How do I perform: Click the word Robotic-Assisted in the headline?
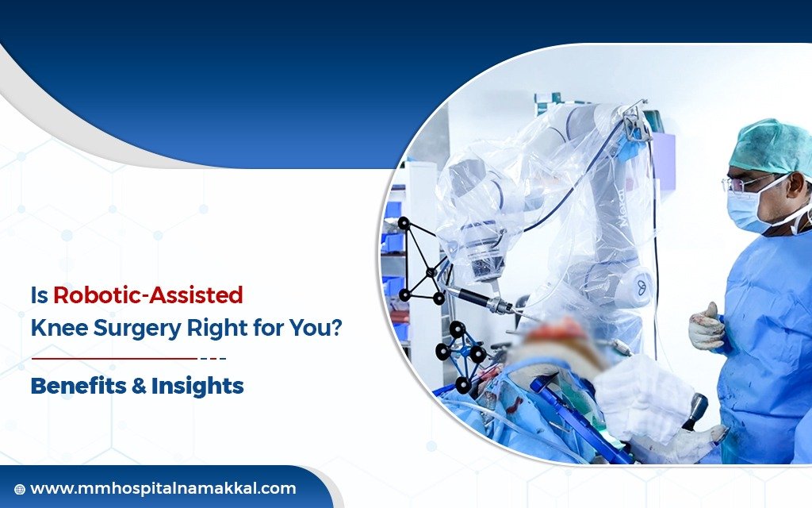(147, 296)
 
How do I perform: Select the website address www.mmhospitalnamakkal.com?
(163, 489)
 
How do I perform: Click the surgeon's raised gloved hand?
(706, 326)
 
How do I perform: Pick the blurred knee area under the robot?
(555, 337)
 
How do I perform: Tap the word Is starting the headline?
(39, 296)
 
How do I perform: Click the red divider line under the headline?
(114, 358)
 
